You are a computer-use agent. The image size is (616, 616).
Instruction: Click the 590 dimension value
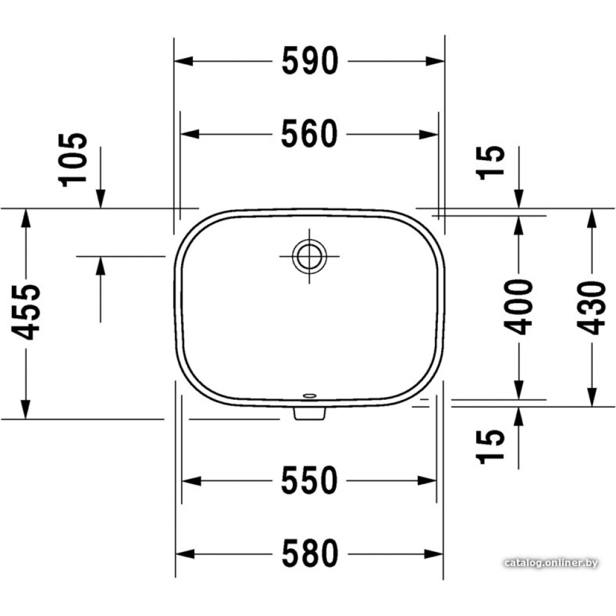pyautogui.click(x=310, y=61)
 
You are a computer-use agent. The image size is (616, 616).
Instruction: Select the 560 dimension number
pyautogui.click(x=309, y=134)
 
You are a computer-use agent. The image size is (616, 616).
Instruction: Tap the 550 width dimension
pyautogui.click(x=309, y=480)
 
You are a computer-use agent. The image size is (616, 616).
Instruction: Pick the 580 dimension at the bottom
pyautogui.click(x=310, y=553)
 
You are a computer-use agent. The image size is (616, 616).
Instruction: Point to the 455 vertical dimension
pyautogui.click(x=26, y=312)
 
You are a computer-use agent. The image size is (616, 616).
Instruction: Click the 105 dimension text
pyautogui.click(x=73, y=160)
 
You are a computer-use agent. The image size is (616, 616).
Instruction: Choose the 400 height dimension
pyautogui.click(x=519, y=307)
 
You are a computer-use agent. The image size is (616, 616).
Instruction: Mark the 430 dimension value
pyautogui.click(x=591, y=307)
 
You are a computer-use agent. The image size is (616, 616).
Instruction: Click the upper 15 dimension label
pyautogui.click(x=490, y=163)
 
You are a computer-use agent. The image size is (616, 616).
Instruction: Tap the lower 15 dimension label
pyautogui.click(x=490, y=447)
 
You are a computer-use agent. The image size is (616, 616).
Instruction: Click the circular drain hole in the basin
pyautogui.click(x=309, y=256)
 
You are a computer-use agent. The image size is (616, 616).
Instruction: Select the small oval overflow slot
pyautogui.click(x=310, y=395)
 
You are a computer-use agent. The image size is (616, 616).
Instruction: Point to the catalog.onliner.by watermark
pyautogui.click(x=551, y=563)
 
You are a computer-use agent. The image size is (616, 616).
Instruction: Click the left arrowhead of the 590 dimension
pyautogui.click(x=184, y=61)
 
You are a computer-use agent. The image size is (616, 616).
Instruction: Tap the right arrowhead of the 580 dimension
pyautogui.click(x=434, y=554)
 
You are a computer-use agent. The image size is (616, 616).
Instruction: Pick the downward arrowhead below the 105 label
pyautogui.click(x=100, y=198)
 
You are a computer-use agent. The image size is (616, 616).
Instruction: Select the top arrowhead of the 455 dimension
pyautogui.click(x=26, y=218)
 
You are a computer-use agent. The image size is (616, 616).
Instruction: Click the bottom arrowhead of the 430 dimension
pyautogui.click(x=591, y=397)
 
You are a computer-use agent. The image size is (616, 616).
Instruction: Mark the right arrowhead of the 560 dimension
pyautogui.click(x=429, y=134)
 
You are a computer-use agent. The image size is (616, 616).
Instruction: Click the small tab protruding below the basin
pyautogui.click(x=310, y=413)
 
